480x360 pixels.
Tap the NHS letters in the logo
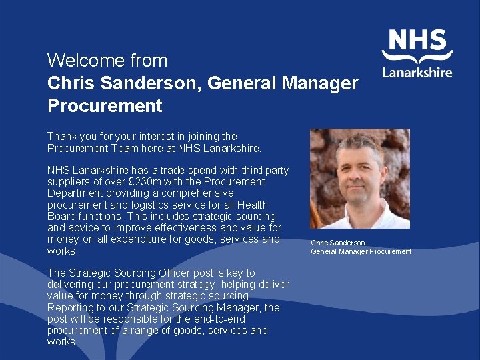point(417,41)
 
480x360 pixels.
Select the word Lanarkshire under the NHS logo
point(417,72)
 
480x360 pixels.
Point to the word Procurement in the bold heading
point(105,105)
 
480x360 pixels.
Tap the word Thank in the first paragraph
point(62,137)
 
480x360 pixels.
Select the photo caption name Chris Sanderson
point(339,243)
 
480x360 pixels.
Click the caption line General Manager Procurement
point(361,251)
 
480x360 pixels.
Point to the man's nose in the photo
point(355,185)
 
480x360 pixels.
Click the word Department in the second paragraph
point(73,193)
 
